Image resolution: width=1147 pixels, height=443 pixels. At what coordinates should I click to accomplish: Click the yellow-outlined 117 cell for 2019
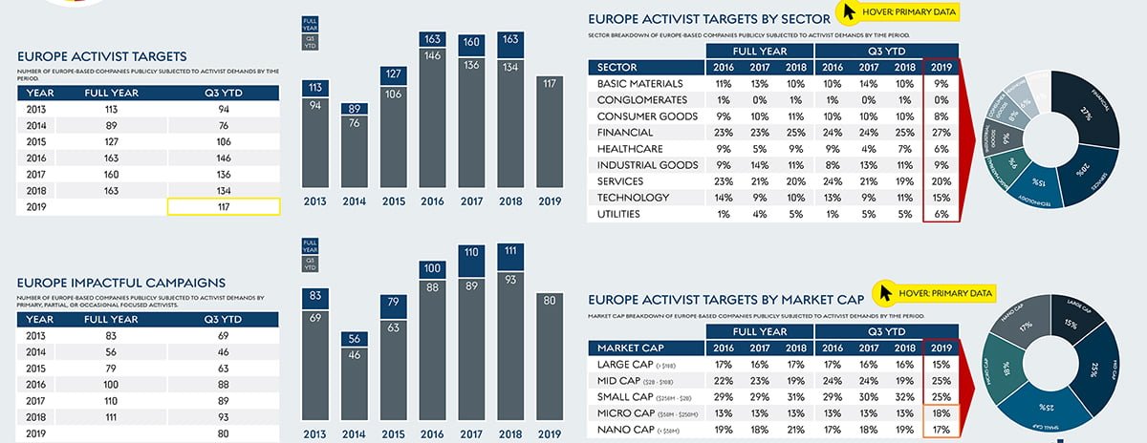224,206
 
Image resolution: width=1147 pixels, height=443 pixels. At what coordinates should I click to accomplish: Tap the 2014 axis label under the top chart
355,202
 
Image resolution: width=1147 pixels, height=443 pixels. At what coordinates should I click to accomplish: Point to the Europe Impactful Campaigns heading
121,283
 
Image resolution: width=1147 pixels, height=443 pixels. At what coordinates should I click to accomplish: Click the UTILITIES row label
626,214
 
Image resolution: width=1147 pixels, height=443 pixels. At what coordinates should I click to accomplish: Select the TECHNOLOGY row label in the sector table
636,198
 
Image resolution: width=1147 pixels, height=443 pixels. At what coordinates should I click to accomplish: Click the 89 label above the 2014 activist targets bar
355,109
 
